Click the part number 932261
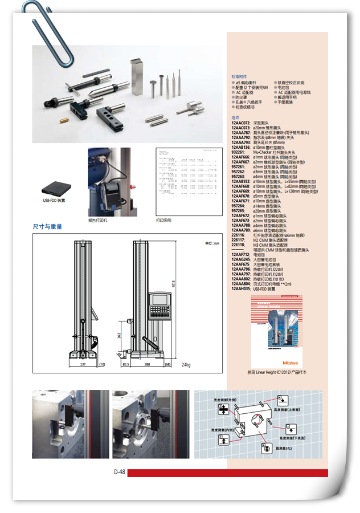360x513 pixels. point(238,153)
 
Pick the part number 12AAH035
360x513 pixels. point(241,289)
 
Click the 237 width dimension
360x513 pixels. point(83,363)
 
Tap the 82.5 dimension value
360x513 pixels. point(126,363)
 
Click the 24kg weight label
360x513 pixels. point(186,364)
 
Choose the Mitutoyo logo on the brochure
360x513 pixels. point(294,364)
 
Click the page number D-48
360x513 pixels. point(119,472)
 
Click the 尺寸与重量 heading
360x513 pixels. point(47,226)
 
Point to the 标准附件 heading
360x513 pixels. point(239,76)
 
